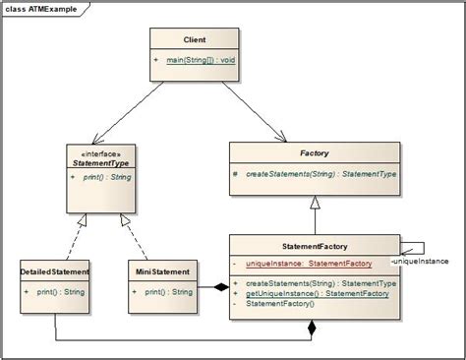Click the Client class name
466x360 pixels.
click(x=194, y=39)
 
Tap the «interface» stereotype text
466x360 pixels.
click(x=94, y=152)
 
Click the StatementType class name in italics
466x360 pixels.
click(x=94, y=163)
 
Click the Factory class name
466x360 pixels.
click(x=314, y=154)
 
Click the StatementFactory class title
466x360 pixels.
click(x=314, y=247)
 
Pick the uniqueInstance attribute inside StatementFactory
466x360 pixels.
click(x=308, y=264)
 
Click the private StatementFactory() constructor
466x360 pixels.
click(x=280, y=303)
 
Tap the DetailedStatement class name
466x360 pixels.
click(x=55, y=270)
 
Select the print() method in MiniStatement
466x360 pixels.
click(x=168, y=292)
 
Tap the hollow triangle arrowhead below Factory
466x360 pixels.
click(x=314, y=203)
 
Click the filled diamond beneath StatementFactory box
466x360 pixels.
click(x=314, y=330)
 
